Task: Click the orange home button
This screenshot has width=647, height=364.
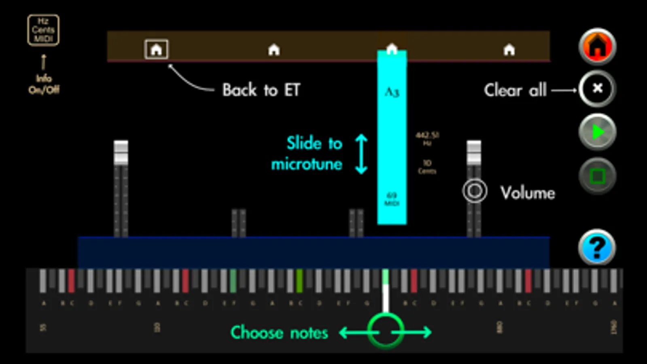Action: pyautogui.click(x=597, y=46)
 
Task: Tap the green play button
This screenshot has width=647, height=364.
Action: pyautogui.click(x=597, y=132)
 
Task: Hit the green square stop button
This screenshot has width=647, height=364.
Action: pyautogui.click(x=597, y=176)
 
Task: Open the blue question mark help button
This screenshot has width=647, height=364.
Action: pyautogui.click(x=596, y=247)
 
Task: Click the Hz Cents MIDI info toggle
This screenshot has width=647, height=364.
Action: pyautogui.click(x=43, y=30)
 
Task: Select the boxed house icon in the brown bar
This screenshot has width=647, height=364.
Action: pyautogui.click(x=156, y=49)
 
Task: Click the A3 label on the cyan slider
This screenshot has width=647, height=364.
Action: pyautogui.click(x=391, y=92)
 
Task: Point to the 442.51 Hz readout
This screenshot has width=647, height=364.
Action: pyautogui.click(x=427, y=138)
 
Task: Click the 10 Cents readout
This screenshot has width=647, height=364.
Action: pyautogui.click(x=427, y=166)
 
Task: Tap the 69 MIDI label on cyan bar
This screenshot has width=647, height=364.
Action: pyautogui.click(x=391, y=199)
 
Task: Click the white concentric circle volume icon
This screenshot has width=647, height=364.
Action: pyautogui.click(x=475, y=191)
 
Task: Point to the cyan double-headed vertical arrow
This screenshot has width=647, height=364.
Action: pyautogui.click(x=361, y=154)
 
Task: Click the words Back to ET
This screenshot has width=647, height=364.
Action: pyautogui.click(x=261, y=90)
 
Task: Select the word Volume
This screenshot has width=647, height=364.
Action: pyautogui.click(x=528, y=193)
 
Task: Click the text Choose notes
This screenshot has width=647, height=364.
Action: pyautogui.click(x=279, y=332)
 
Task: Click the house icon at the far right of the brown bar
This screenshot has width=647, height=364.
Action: pyautogui.click(x=509, y=50)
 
